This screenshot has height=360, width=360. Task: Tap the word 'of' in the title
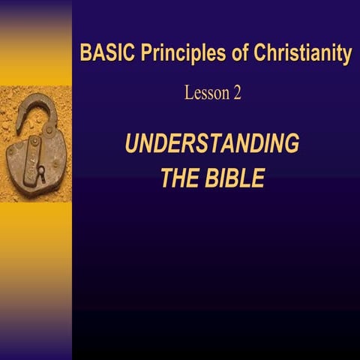click(x=221, y=55)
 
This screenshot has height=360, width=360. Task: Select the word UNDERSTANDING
click(x=212, y=144)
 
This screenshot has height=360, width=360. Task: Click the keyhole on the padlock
click(x=41, y=175)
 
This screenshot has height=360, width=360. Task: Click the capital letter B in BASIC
click(x=85, y=55)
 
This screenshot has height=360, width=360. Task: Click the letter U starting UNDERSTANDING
click(x=132, y=144)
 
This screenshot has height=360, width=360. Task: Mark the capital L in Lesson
click(x=188, y=94)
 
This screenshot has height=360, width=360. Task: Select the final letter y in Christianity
click(x=346, y=56)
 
